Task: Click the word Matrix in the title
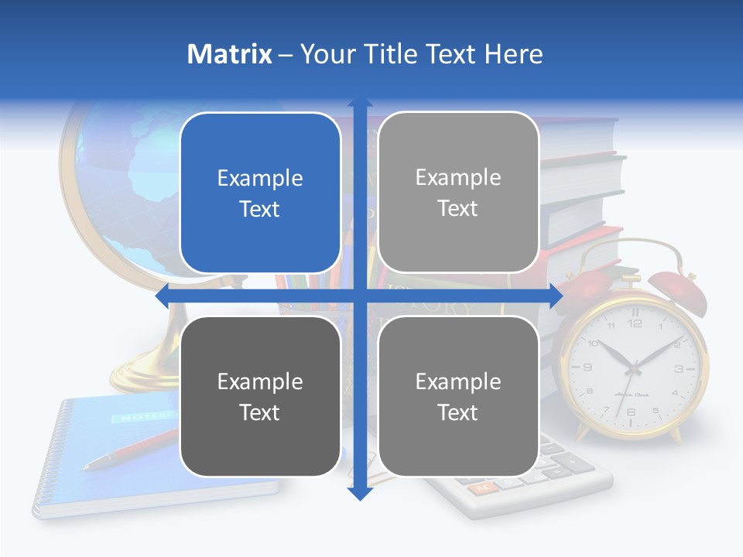pyautogui.click(x=229, y=54)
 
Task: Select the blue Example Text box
pyautogui.click(x=260, y=193)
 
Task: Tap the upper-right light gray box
pyautogui.click(x=458, y=193)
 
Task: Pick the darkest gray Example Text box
pyautogui.click(x=260, y=396)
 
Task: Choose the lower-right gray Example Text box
pyautogui.click(x=458, y=396)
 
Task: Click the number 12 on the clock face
pyautogui.click(x=635, y=323)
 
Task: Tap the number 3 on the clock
pyautogui.click(x=679, y=368)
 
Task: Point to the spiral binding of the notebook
pyautogui.click(x=50, y=456)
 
